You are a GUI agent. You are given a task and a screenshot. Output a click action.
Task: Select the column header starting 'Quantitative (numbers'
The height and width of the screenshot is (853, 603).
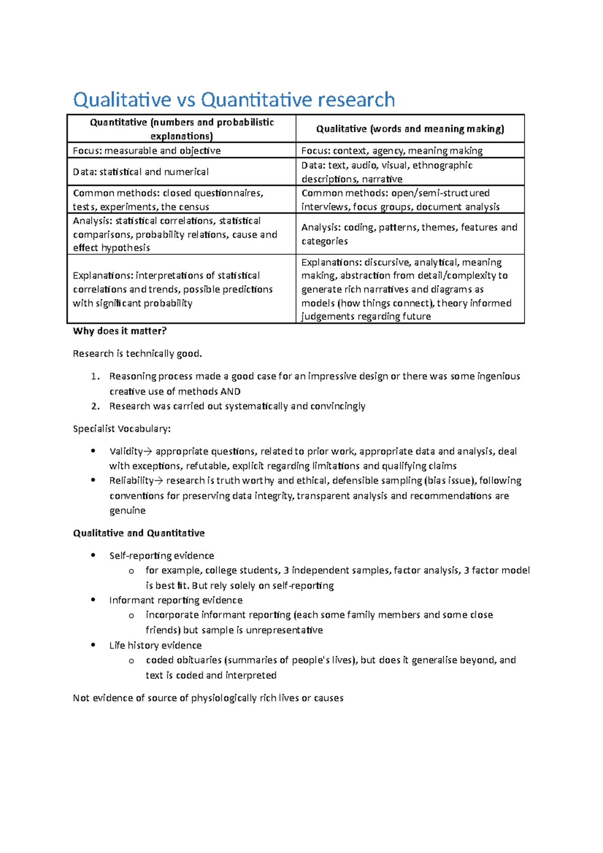click(181, 129)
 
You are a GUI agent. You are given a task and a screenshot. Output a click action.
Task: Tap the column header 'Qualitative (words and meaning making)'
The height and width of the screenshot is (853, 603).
click(410, 129)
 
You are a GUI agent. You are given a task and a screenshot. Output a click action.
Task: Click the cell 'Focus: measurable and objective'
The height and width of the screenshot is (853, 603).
click(147, 151)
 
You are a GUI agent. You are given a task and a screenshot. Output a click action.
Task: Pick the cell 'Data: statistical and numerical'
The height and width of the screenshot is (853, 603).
click(141, 172)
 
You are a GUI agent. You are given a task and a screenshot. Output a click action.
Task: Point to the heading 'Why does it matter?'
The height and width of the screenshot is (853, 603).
click(120, 331)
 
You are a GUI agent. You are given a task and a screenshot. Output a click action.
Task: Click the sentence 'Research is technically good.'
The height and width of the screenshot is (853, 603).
click(137, 354)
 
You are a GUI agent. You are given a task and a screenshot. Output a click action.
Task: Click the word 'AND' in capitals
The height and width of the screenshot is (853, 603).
click(231, 391)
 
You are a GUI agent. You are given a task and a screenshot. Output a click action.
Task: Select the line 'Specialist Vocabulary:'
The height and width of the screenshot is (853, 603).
click(122, 429)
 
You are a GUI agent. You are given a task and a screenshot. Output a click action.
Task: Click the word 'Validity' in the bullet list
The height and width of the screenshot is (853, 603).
click(126, 452)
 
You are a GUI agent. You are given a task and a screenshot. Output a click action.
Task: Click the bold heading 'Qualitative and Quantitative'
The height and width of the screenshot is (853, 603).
click(139, 533)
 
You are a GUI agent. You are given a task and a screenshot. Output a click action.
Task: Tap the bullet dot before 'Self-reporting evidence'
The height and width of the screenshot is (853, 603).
click(93, 555)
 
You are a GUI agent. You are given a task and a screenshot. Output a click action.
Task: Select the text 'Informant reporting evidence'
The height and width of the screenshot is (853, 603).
click(176, 600)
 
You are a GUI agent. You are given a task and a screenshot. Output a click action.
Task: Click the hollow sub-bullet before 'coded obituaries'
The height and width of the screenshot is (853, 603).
click(131, 661)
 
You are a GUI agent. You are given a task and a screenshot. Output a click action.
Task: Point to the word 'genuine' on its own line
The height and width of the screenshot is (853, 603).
click(128, 510)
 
